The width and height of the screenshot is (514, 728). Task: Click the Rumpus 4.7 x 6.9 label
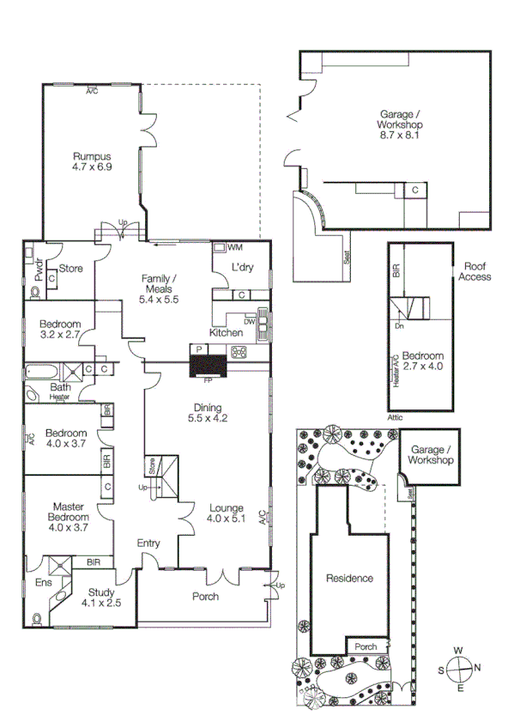(92, 161)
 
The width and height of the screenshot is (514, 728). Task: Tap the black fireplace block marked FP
(208, 367)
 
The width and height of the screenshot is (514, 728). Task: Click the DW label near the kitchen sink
(249, 321)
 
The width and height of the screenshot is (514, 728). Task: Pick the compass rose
(460, 668)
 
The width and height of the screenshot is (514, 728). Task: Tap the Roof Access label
(475, 271)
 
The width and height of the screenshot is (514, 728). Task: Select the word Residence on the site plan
(349, 578)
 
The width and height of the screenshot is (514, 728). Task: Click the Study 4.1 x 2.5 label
(100, 598)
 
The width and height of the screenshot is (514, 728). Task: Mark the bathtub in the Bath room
(42, 371)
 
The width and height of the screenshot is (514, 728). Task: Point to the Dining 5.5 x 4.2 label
(207, 414)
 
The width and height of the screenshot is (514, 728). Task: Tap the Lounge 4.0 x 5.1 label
(227, 513)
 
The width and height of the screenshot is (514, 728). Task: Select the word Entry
(149, 543)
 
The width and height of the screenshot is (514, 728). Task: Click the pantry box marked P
(199, 349)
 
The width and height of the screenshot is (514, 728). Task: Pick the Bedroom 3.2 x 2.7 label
(59, 330)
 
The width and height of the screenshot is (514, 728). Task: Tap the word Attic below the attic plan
(395, 417)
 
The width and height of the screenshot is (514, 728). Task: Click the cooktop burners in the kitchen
(239, 350)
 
